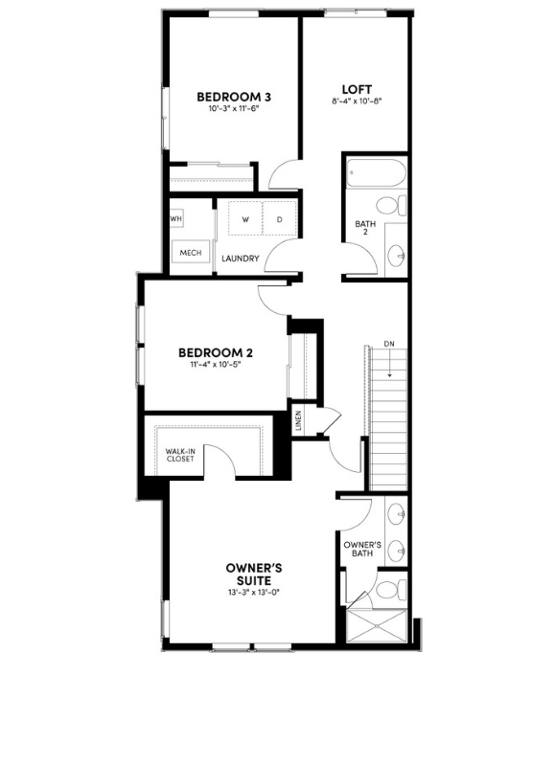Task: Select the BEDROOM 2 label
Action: [x=220, y=351]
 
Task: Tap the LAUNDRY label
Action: [x=241, y=259]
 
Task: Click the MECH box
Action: [x=190, y=253]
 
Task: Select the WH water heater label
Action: [x=176, y=219]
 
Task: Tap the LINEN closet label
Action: [x=299, y=421]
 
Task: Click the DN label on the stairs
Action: [x=388, y=344]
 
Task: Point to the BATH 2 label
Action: [x=365, y=229]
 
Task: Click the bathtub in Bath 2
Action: [x=376, y=173]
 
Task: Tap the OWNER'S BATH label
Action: [x=362, y=550]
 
